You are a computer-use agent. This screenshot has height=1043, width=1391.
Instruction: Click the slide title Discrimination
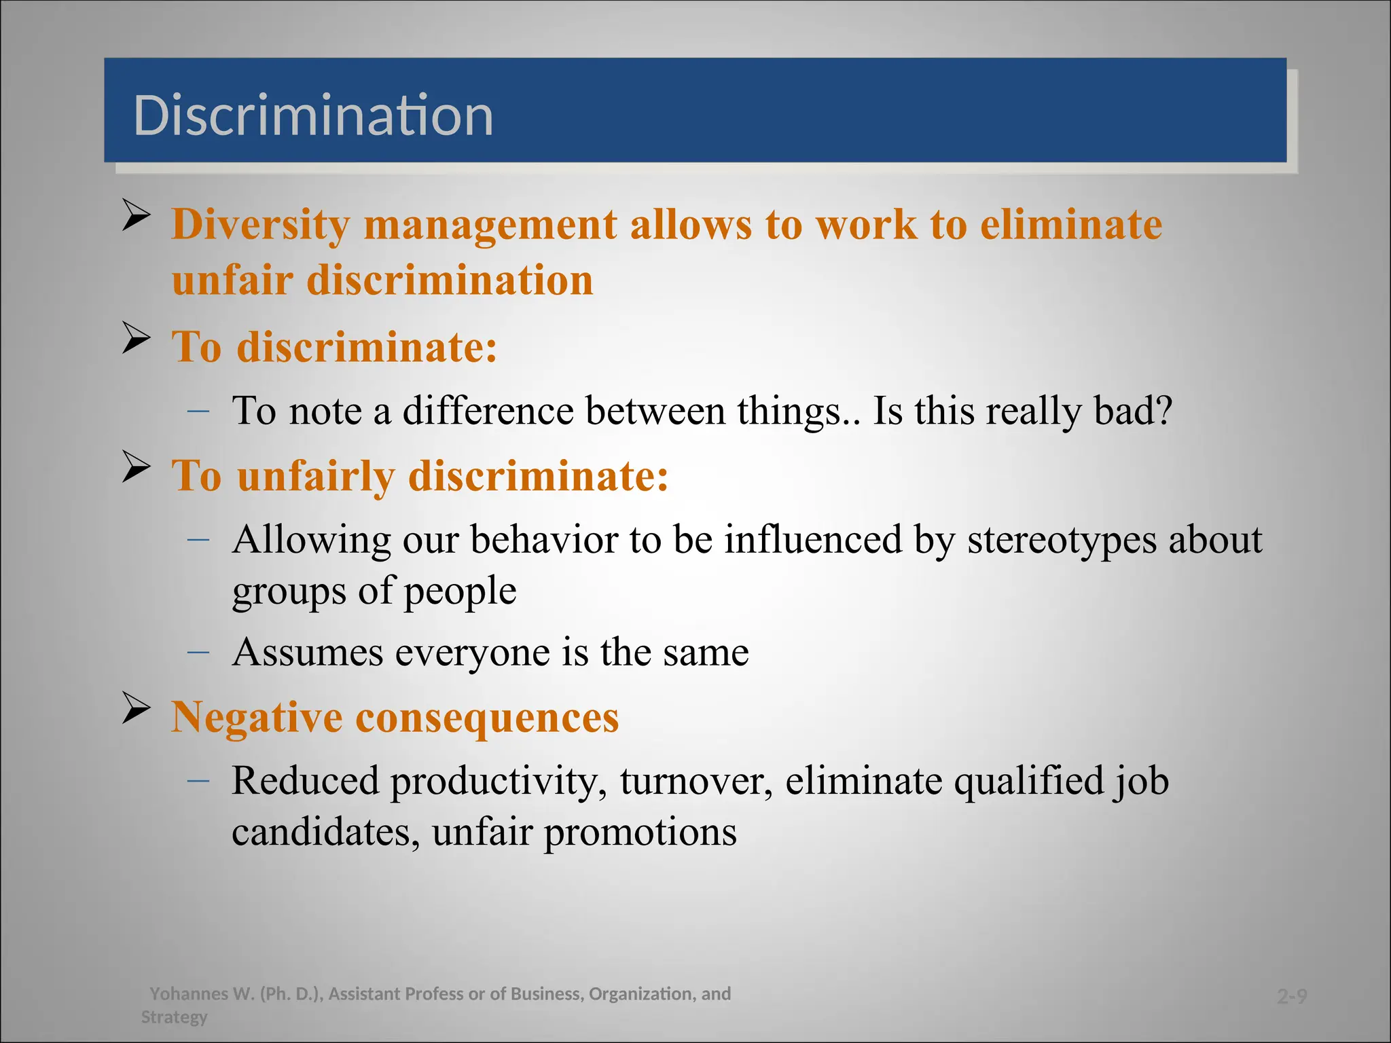click(313, 115)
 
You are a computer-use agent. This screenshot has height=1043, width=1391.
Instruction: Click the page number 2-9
click(1291, 996)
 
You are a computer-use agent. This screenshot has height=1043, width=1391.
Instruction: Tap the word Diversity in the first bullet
click(260, 225)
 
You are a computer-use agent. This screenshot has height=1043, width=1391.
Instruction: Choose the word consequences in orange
click(487, 718)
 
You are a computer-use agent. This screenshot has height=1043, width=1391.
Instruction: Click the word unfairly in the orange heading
click(316, 476)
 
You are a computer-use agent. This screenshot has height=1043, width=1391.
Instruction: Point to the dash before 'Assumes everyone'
click(198, 652)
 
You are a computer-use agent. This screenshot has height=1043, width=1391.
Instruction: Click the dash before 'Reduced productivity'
click(198, 780)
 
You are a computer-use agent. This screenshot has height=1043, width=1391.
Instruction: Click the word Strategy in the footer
click(174, 1017)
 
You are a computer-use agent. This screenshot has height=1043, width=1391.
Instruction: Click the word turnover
click(695, 781)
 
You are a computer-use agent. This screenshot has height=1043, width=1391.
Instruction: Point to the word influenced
click(813, 540)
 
